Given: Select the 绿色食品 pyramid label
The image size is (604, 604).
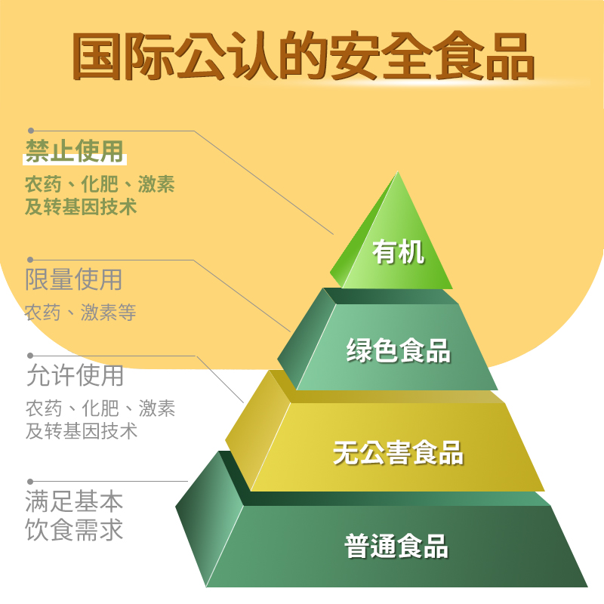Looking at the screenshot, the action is click(398, 350).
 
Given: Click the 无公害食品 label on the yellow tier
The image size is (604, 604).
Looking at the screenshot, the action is click(398, 453).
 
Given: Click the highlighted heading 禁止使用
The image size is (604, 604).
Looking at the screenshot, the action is click(74, 151).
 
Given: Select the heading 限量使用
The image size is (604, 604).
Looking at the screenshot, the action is click(74, 280).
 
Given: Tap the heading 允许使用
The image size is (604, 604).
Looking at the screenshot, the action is click(74, 375).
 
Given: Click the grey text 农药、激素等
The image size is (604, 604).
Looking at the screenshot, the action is click(80, 312).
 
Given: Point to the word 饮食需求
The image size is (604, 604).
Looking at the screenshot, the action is click(74, 529).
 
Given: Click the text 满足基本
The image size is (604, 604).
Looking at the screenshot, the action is click(74, 501).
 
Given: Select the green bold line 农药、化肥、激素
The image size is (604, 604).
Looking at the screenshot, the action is click(100, 183).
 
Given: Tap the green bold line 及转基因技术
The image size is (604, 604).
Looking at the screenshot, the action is click(82, 205).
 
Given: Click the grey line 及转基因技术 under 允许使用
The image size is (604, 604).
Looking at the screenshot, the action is click(82, 431).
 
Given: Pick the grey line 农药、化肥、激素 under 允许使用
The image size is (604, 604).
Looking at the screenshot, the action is click(100, 409).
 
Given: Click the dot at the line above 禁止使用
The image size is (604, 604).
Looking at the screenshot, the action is click(31, 131).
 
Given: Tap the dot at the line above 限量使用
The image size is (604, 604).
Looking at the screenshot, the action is click(31, 260).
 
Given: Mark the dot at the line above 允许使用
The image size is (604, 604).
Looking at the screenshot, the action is click(31, 355).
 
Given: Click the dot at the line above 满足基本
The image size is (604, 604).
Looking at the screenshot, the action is click(31, 481).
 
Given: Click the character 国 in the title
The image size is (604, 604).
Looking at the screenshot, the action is click(96, 55).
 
